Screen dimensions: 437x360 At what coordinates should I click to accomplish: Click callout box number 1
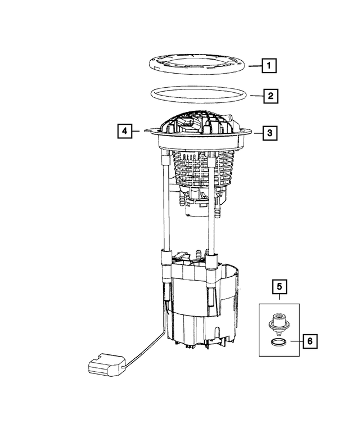click(269, 67)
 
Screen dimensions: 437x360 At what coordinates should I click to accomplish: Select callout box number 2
click(271, 96)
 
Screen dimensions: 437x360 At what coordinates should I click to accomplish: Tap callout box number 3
click(269, 133)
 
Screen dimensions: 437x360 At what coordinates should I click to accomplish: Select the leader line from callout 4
click(139, 132)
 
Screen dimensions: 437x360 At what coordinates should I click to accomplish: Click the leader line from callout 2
click(255, 96)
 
